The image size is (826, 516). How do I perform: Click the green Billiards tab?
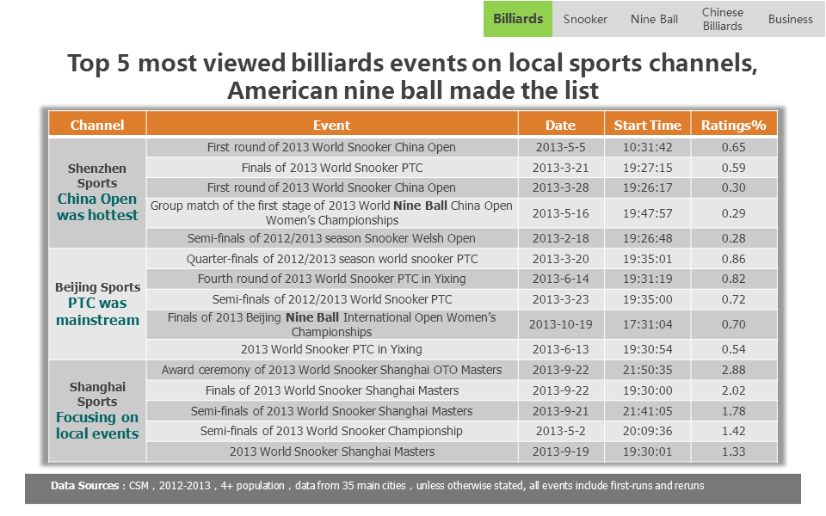tap(518, 19)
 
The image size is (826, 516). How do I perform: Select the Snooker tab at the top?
tap(585, 19)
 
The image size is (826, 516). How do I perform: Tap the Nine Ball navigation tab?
tap(654, 19)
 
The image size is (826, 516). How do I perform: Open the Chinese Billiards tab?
tap(722, 19)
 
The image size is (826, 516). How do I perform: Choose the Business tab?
tap(790, 19)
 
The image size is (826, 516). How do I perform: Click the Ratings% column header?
tap(733, 125)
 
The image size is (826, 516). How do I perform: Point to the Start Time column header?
tap(647, 125)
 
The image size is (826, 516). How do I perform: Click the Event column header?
tap(332, 125)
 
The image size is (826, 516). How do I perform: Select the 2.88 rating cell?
tap(733, 370)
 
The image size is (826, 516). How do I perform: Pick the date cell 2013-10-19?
tap(560, 324)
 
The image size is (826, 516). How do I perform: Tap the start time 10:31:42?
tap(647, 147)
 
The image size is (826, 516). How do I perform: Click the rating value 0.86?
tap(733, 259)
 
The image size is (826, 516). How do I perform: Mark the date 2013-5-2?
tap(560, 431)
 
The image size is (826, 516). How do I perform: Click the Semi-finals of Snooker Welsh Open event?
tap(332, 238)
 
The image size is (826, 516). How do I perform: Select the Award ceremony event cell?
tap(332, 370)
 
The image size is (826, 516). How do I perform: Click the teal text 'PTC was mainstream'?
tap(97, 311)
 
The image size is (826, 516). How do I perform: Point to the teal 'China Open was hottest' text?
tap(97, 207)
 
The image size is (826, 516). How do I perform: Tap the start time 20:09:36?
tap(647, 431)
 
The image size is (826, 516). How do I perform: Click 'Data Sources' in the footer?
tap(85, 485)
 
